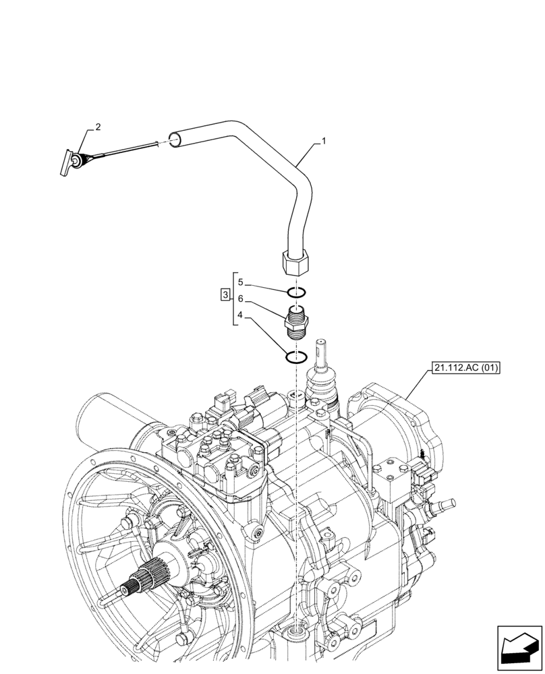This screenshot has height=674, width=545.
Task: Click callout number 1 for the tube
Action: coord(324,142)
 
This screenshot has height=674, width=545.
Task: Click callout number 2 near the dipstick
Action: coord(98,127)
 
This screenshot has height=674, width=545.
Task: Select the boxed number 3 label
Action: coord(225,295)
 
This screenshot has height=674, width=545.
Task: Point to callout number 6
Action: coord(239,298)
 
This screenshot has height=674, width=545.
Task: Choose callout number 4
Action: coord(239,314)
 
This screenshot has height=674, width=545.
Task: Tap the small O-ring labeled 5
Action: coord(297,293)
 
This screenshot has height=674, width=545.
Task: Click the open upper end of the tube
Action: coord(174,140)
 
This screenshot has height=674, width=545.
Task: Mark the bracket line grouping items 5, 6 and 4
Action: coord(233,299)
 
